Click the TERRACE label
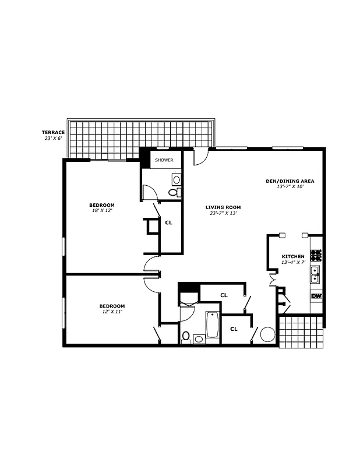pos(53,132)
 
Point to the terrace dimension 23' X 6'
pos(53,139)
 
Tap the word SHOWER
pos(164,160)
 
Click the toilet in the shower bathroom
pos(173,192)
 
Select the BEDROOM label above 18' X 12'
pos(101,205)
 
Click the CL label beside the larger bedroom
pos(169,222)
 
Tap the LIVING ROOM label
pos(223,207)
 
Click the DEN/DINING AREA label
pos(290,181)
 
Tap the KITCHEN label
pos(293,256)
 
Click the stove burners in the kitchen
pos(316,255)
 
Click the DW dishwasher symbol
pos(316,296)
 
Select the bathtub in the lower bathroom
pos(211,325)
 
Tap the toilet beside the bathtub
pos(186,336)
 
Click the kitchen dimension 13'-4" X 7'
pos(293,263)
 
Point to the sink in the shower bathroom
pos(176,179)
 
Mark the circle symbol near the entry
pos(267,334)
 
